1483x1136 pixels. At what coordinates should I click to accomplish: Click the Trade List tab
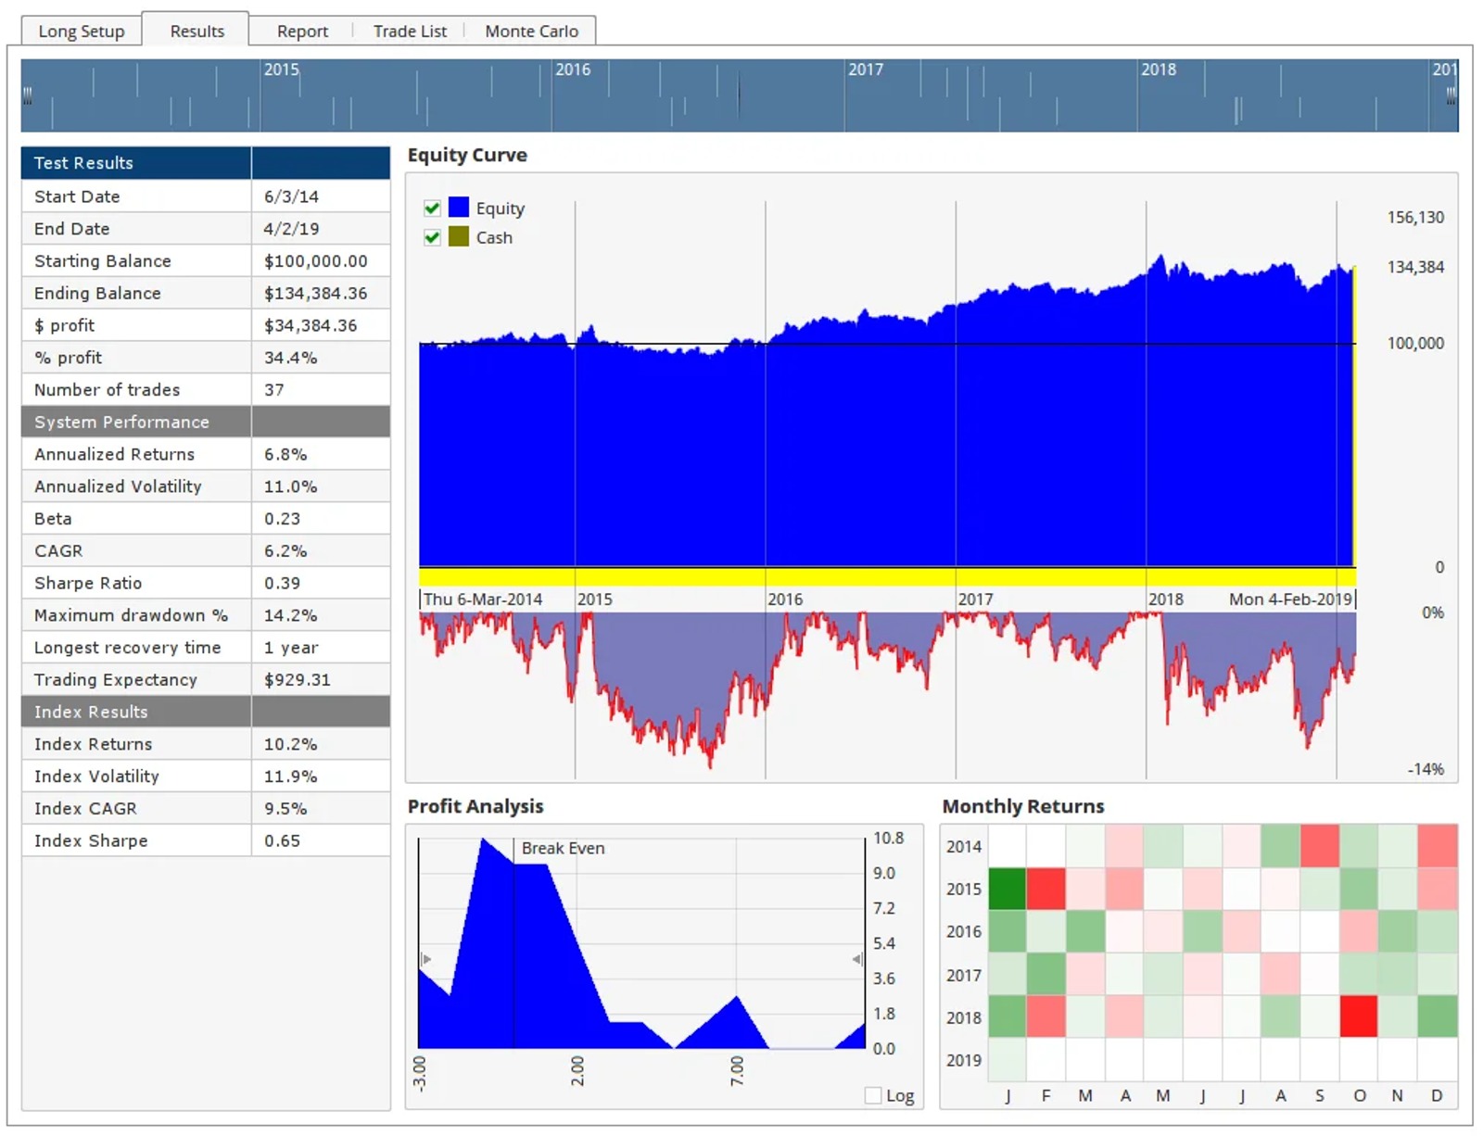tap(410, 32)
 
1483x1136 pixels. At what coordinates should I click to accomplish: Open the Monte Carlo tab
tap(531, 32)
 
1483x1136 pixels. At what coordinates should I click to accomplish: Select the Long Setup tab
tap(82, 32)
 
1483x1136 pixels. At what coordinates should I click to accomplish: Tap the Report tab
tap(302, 32)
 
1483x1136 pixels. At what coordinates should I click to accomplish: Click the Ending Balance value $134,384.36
tap(315, 294)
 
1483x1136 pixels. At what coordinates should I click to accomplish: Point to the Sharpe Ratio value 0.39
tap(282, 584)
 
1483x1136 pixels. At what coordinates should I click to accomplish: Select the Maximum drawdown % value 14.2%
tap(290, 615)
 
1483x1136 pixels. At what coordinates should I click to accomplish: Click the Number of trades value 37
tap(273, 390)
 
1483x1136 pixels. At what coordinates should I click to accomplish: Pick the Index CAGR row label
tap(85, 809)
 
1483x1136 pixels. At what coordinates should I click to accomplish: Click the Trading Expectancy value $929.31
tap(297, 680)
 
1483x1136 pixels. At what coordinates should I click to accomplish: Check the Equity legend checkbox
tap(431, 208)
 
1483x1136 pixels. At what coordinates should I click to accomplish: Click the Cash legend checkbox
tap(431, 237)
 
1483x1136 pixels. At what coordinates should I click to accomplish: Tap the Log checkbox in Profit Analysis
tap(872, 1095)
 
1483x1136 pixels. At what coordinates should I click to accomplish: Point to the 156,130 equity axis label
tap(1414, 218)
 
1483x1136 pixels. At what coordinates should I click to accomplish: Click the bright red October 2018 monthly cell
tap(1358, 1016)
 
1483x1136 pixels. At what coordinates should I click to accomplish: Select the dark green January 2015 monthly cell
tap(1007, 889)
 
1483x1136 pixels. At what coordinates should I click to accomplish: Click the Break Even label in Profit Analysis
tap(563, 848)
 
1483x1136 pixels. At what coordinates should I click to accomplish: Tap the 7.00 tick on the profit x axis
tap(736, 1071)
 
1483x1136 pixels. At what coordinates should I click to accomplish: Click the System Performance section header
tap(121, 423)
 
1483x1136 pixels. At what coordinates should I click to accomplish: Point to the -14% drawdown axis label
tap(1425, 770)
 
